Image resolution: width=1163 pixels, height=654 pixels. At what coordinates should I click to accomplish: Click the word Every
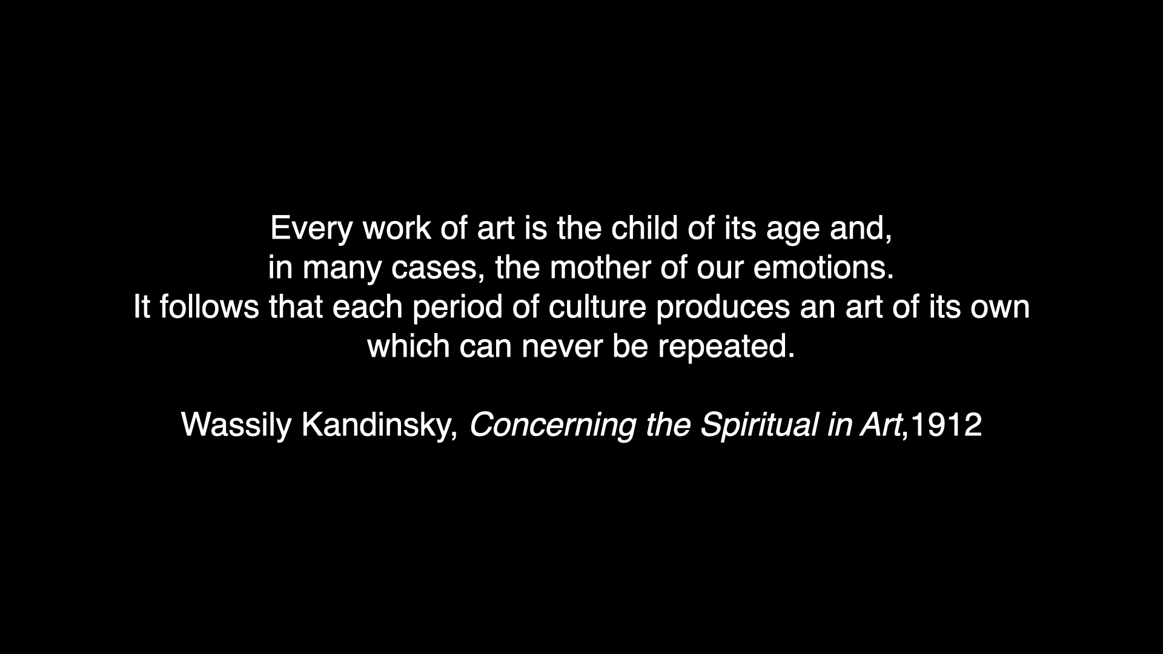tap(311, 230)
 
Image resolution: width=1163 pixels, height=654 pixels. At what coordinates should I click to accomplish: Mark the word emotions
tap(824, 268)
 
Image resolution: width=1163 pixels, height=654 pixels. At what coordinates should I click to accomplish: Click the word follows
tap(209, 307)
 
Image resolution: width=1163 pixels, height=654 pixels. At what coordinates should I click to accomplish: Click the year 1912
tap(946, 425)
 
